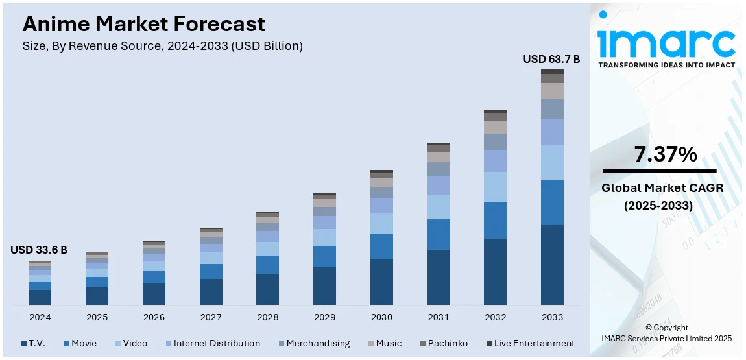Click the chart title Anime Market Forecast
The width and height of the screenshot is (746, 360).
[143, 24]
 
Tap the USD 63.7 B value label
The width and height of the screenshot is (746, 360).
[551, 60]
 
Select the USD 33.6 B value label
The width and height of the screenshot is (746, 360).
[39, 250]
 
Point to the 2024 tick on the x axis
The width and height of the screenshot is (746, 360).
[40, 317]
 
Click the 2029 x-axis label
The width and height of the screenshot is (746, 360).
[324, 317]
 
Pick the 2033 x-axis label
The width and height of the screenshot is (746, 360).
[552, 317]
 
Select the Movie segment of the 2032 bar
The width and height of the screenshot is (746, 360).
[495, 220]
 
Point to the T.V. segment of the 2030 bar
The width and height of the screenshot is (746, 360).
[381, 282]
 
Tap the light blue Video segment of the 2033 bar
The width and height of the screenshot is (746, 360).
[552, 163]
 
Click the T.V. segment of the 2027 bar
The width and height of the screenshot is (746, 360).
[211, 292]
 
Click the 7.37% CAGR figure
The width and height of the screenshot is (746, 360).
[666, 154]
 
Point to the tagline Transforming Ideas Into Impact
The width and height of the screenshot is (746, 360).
[666, 65]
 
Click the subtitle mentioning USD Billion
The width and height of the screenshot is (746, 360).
[162, 46]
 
